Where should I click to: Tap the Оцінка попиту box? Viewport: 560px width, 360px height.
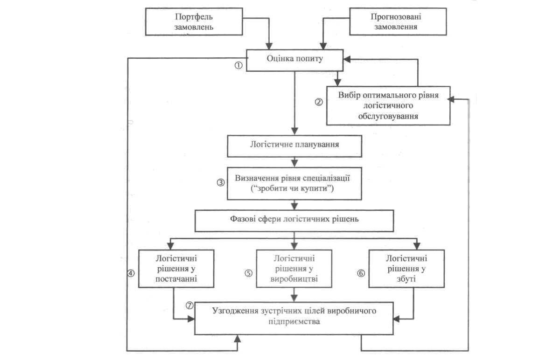[x=294, y=60]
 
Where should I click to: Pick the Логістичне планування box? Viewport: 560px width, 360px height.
[x=294, y=145]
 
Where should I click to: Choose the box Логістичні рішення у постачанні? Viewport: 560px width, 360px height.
[x=176, y=268]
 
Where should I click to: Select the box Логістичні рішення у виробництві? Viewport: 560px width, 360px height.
[x=294, y=268]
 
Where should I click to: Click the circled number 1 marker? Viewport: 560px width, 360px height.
[x=238, y=66]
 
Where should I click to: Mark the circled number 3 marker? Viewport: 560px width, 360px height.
[x=221, y=183]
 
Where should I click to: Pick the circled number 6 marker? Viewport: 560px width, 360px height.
[x=361, y=274]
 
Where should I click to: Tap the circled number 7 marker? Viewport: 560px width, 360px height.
[x=189, y=305]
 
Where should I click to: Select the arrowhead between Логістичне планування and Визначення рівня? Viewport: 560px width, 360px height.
[x=294, y=164]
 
